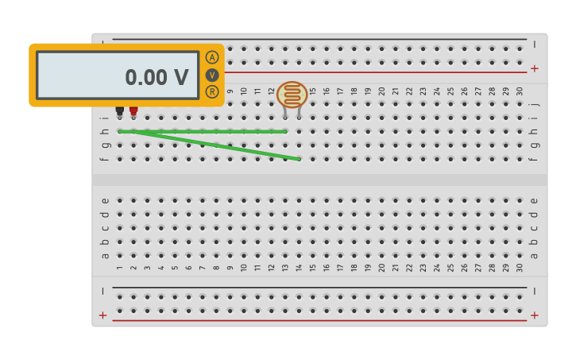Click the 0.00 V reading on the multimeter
pos(157,77)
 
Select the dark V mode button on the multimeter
pos(212,75)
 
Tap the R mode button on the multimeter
pos(212,91)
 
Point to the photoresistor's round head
pos(292,95)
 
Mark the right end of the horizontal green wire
pos(285,131)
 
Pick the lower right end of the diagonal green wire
pos(299,159)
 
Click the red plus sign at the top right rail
pos(534,69)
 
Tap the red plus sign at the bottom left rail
pos(102,315)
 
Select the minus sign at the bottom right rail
pos(534,291)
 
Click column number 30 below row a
pos(520,268)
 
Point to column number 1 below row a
pos(120,268)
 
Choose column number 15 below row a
pos(313,268)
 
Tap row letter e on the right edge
pos(534,200)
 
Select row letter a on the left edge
pos(105,255)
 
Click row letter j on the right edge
pos(534,103)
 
